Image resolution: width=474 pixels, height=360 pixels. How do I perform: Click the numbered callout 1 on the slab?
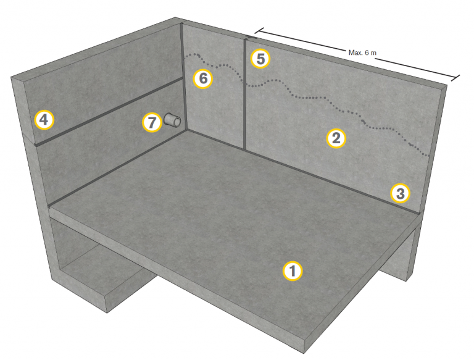point(293,271)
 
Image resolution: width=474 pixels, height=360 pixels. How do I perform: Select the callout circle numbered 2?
point(336,138)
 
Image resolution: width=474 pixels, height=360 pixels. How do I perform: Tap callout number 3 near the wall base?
point(400,193)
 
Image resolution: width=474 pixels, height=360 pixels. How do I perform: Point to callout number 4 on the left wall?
point(44,120)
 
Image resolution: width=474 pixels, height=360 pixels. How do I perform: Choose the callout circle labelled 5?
point(260,59)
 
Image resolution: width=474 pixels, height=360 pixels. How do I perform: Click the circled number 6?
point(203,78)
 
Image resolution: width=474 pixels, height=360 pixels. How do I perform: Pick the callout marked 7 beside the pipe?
point(152,122)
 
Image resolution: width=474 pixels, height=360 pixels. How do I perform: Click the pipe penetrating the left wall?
point(173,120)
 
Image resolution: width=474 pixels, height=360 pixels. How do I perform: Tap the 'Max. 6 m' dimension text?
point(362,52)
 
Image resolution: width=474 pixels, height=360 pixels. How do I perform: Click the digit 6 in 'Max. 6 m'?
point(367,52)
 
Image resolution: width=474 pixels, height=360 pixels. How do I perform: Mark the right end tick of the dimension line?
point(455,78)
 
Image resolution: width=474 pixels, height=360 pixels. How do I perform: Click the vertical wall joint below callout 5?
point(244,94)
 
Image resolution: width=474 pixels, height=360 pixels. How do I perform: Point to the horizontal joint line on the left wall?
point(109,111)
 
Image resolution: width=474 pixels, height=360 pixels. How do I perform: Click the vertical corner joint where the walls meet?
point(183,77)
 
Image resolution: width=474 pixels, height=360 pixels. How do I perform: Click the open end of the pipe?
point(177,122)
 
